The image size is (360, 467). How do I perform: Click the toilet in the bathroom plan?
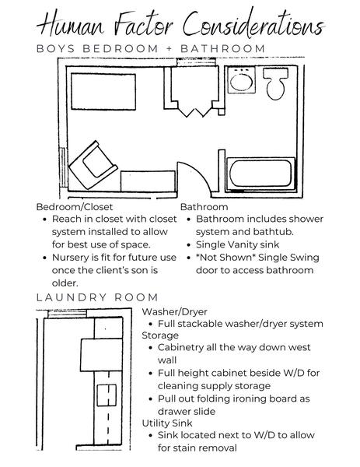point(275,83)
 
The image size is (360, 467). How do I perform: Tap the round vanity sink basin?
point(241,81)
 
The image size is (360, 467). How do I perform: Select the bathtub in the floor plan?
point(260,174)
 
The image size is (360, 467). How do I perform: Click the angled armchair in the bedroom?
point(93,165)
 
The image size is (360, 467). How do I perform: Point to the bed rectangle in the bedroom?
point(103,91)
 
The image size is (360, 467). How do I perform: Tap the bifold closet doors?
point(195,110)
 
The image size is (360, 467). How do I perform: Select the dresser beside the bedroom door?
point(148,181)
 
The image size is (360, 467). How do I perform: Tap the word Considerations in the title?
point(253,23)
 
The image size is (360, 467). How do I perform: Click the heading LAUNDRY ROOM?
point(97,297)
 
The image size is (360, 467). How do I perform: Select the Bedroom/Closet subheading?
point(75,207)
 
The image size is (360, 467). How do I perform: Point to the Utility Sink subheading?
point(167,423)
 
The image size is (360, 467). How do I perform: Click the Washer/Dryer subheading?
point(174,311)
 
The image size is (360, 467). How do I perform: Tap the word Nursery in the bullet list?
point(70,258)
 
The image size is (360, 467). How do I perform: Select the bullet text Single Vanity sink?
point(237,245)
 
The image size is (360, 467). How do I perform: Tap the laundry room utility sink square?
point(107,395)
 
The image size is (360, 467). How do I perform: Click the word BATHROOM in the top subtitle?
point(223,49)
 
